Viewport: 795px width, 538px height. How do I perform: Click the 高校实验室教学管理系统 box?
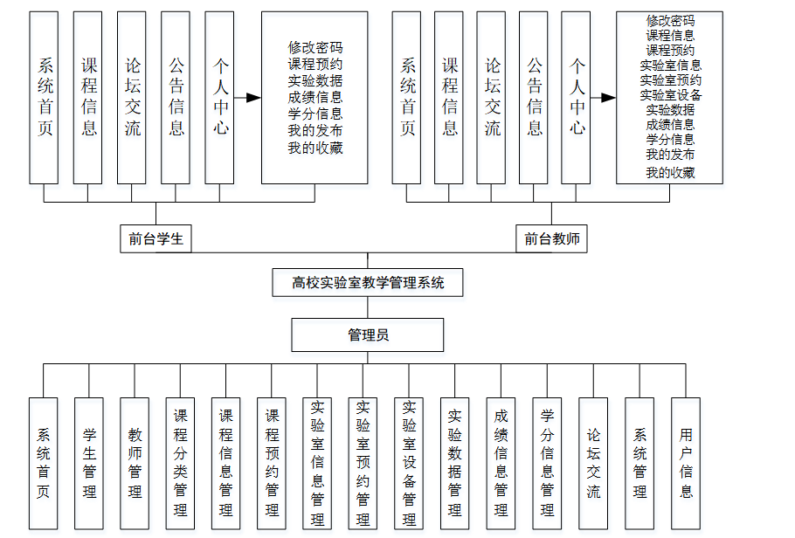point(368,283)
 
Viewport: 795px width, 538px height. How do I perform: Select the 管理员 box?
point(368,335)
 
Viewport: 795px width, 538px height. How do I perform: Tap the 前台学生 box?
point(156,238)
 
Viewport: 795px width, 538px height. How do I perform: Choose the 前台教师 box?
point(551,238)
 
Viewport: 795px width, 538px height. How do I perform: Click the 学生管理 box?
point(89,462)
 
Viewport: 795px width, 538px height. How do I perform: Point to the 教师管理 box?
point(135,462)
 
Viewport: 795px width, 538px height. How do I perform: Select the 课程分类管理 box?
point(181,462)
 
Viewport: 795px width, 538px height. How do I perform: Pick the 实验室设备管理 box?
point(409,462)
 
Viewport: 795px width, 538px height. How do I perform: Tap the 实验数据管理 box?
point(455,462)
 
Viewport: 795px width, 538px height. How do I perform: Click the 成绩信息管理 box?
point(501,462)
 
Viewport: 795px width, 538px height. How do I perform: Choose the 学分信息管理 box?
point(547,462)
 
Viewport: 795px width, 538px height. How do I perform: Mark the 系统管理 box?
point(639,462)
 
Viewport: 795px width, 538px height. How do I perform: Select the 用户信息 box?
point(686,462)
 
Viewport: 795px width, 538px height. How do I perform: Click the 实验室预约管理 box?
point(363,462)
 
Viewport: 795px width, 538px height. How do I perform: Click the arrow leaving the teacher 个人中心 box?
point(603,98)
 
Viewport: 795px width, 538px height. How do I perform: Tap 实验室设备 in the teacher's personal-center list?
point(670,94)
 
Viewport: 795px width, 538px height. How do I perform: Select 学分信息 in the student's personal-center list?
point(315,114)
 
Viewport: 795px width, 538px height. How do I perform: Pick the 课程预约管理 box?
point(272,462)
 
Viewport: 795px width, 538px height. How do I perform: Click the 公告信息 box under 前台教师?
point(534,97)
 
